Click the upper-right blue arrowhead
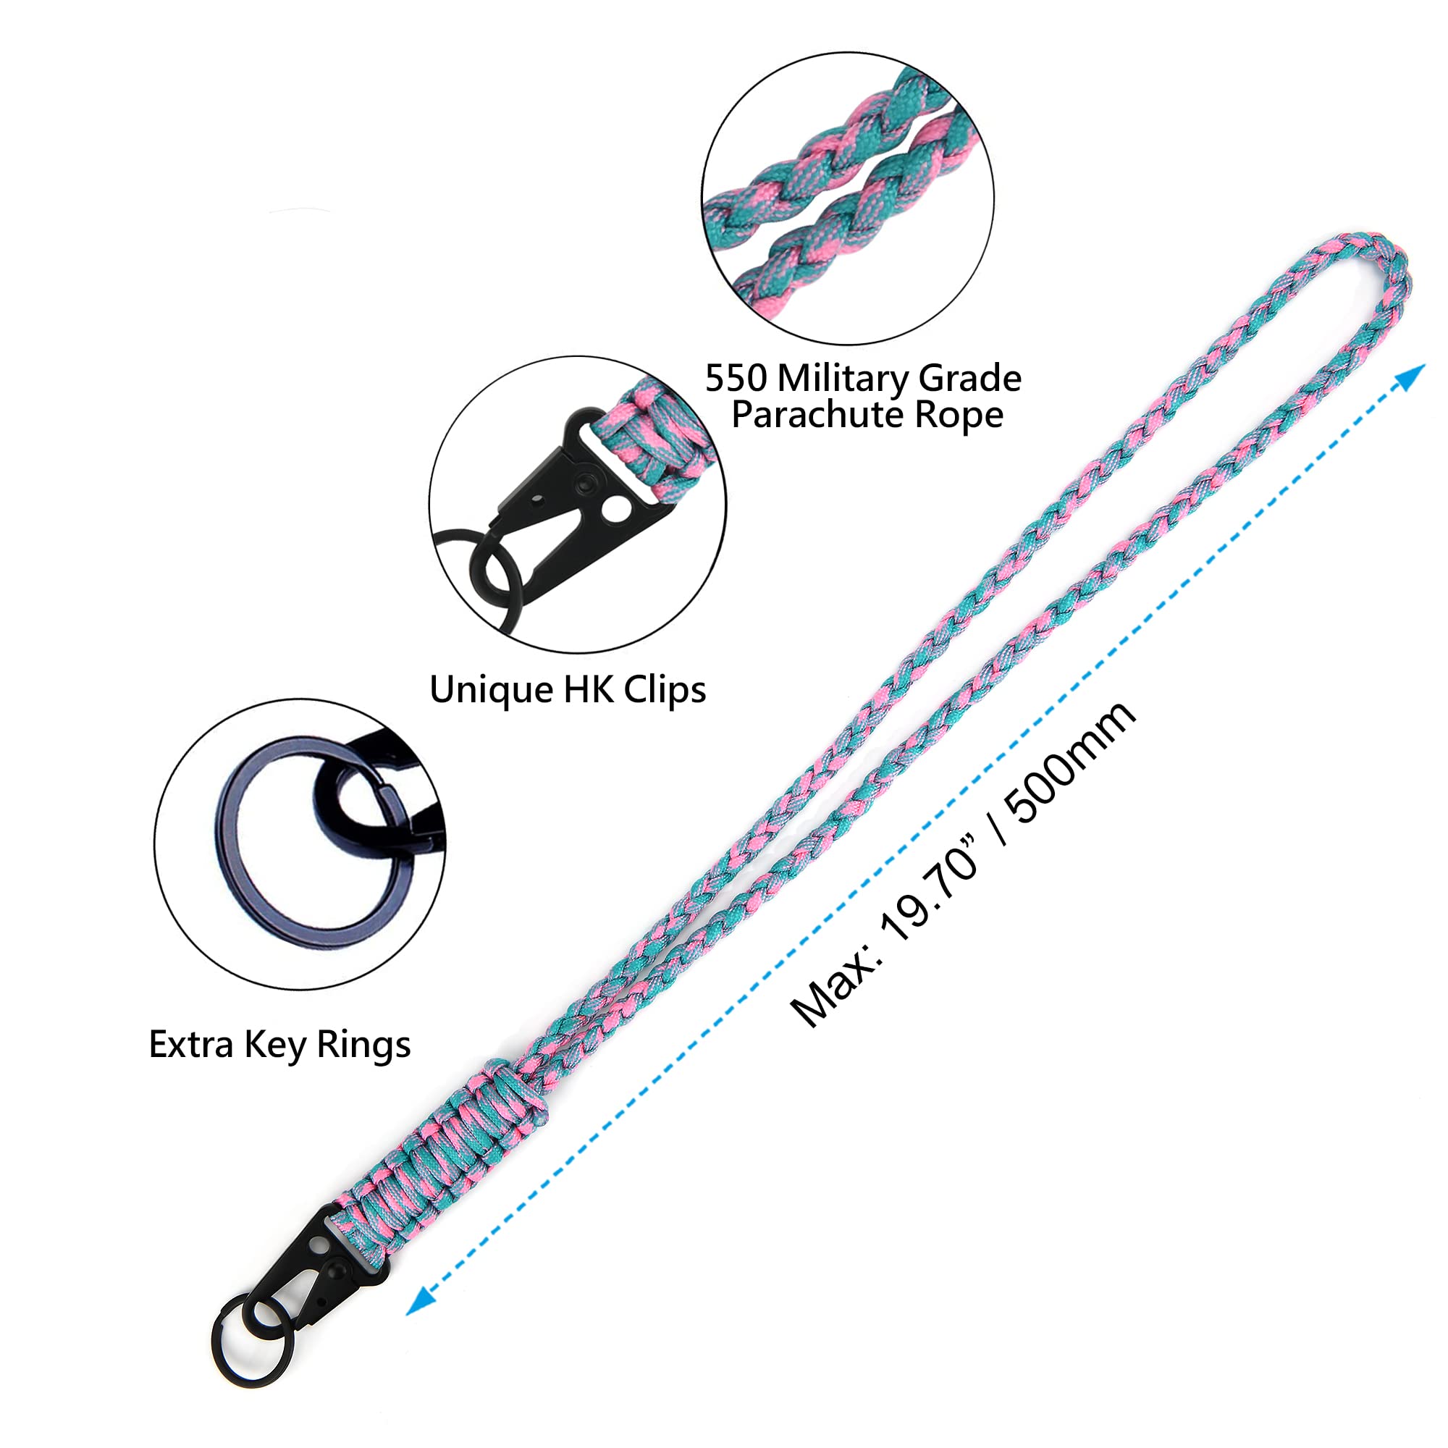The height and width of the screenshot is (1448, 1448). (x=1409, y=378)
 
